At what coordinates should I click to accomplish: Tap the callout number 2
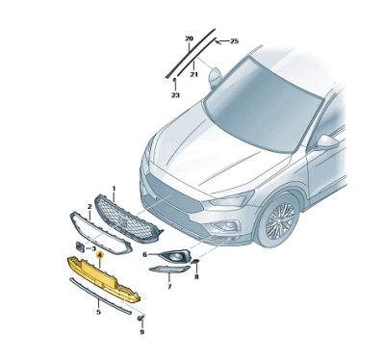[x=90, y=207]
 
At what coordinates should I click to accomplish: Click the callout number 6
[x=145, y=255]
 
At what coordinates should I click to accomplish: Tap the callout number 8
[x=195, y=275]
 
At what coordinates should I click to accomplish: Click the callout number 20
[x=188, y=38]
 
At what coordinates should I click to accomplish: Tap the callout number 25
[x=233, y=42]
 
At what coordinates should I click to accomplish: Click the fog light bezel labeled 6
[x=173, y=256]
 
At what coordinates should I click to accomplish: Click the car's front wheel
[x=280, y=225]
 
